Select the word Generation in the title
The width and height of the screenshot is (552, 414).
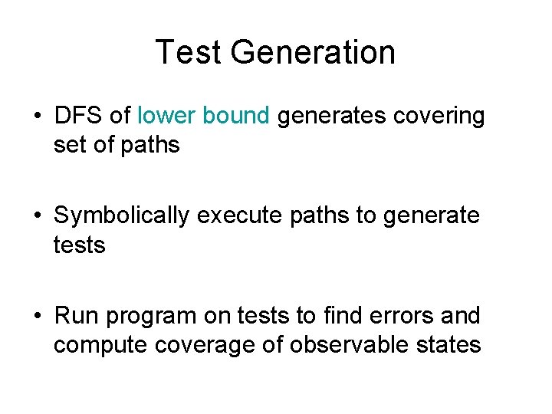(313, 52)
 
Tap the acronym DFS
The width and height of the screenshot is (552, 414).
(79, 116)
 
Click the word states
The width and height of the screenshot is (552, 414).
(447, 345)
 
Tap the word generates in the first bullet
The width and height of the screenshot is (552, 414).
(332, 117)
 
